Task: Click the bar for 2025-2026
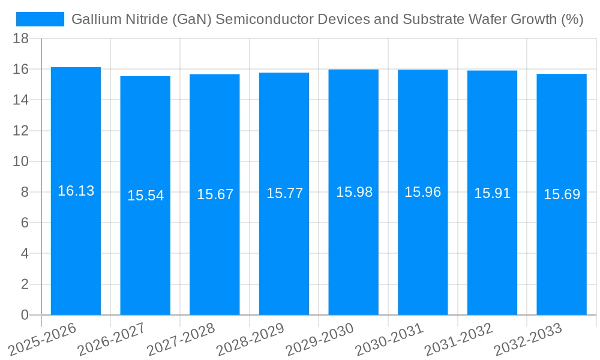tap(76, 252)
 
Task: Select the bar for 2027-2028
tap(215, 252)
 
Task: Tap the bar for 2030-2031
tap(423, 252)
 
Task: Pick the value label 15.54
tap(145, 196)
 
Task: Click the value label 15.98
tap(354, 192)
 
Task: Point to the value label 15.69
tap(562, 194)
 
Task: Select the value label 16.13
tap(76, 191)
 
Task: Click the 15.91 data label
tap(492, 193)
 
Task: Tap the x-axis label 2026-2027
tap(112, 339)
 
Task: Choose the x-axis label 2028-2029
tap(250, 339)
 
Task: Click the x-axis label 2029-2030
tap(320, 339)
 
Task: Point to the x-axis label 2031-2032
tap(458, 339)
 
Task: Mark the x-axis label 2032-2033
tap(528, 339)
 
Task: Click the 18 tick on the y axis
tap(21, 38)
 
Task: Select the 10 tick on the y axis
tap(21, 161)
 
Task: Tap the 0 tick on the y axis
tap(25, 315)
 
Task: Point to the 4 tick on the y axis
tap(25, 254)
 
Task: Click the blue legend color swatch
tap(40, 19)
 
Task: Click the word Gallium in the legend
tap(92, 19)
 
